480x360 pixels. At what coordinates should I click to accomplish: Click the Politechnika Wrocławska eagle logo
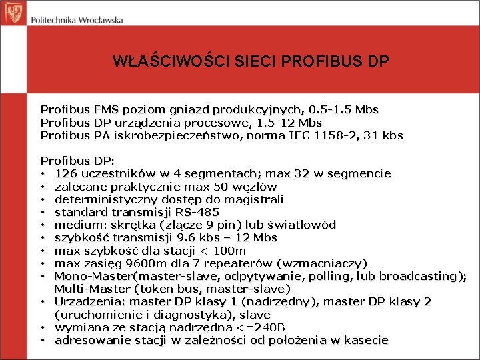[x=13, y=12]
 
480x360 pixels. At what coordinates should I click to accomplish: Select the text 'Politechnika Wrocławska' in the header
[x=77, y=19]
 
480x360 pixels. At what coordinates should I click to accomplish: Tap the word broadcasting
[x=421, y=276]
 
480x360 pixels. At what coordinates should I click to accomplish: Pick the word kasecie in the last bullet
[x=366, y=340]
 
